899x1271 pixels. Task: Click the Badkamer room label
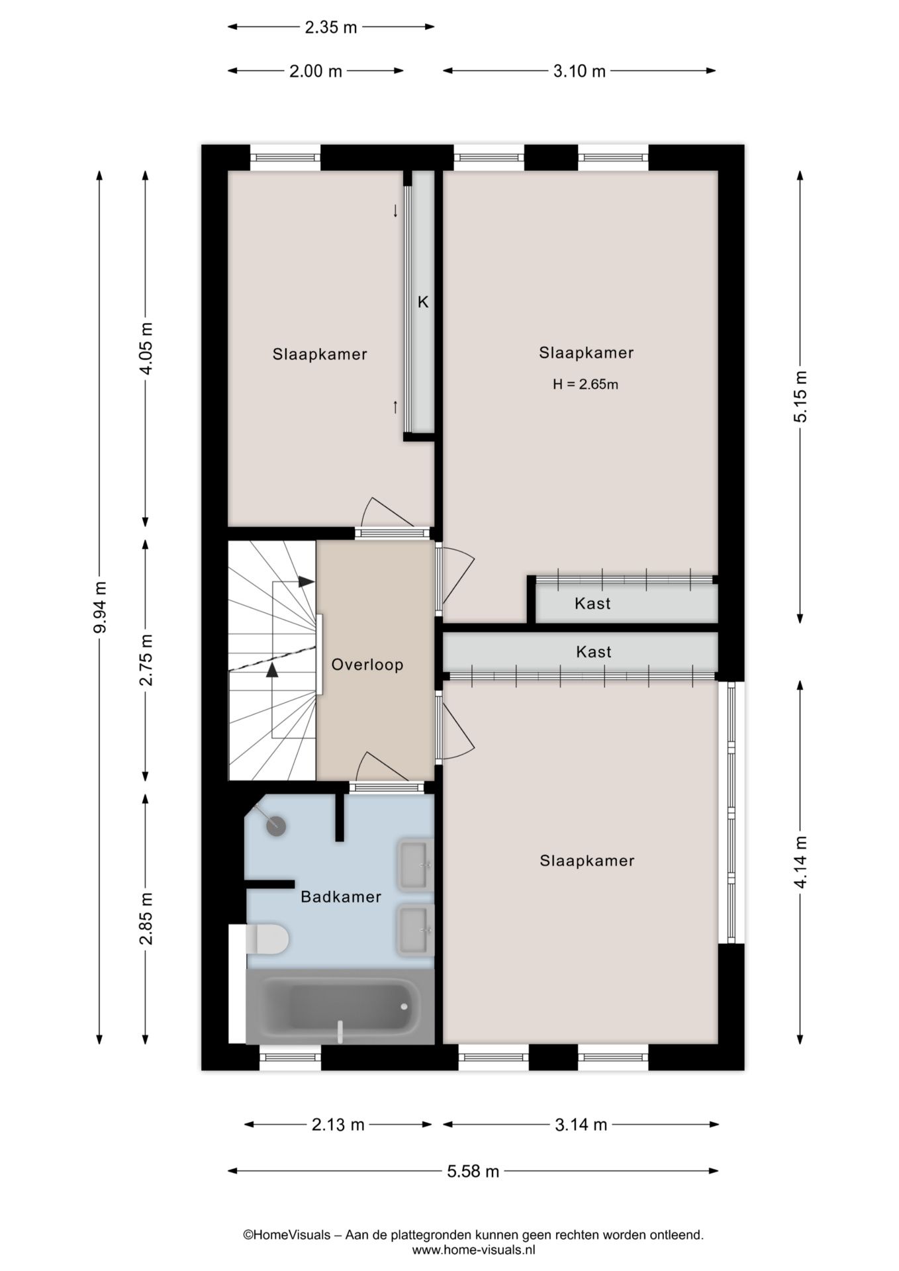tap(341, 897)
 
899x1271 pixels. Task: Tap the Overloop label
tap(367, 665)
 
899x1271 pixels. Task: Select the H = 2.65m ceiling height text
tap(586, 385)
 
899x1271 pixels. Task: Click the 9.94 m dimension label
tap(100, 607)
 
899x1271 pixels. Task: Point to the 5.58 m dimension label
tap(473, 1171)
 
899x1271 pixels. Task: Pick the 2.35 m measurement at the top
tap(330, 27)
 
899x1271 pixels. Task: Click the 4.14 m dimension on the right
tap(800, 861)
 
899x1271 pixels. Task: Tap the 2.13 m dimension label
tap(338, 1125)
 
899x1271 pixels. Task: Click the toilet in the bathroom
tap(267, 939)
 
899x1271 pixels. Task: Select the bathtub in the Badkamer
tap(340, 1007)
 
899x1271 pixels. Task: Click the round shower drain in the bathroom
tap(275, 825)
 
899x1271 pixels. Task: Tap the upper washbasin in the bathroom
tap(415, 864)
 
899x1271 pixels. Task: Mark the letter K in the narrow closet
tap(423, 303)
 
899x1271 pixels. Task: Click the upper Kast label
tap(592, 604)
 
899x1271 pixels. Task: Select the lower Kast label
tap(594, 652)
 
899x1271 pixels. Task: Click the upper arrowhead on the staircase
tap(306, 582)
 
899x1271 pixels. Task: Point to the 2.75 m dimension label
tap(146, 659)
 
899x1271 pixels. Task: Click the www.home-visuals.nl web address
tap(473, 1250)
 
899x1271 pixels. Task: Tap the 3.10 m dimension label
tap(579, 71)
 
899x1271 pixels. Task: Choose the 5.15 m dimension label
tap(800, 397)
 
